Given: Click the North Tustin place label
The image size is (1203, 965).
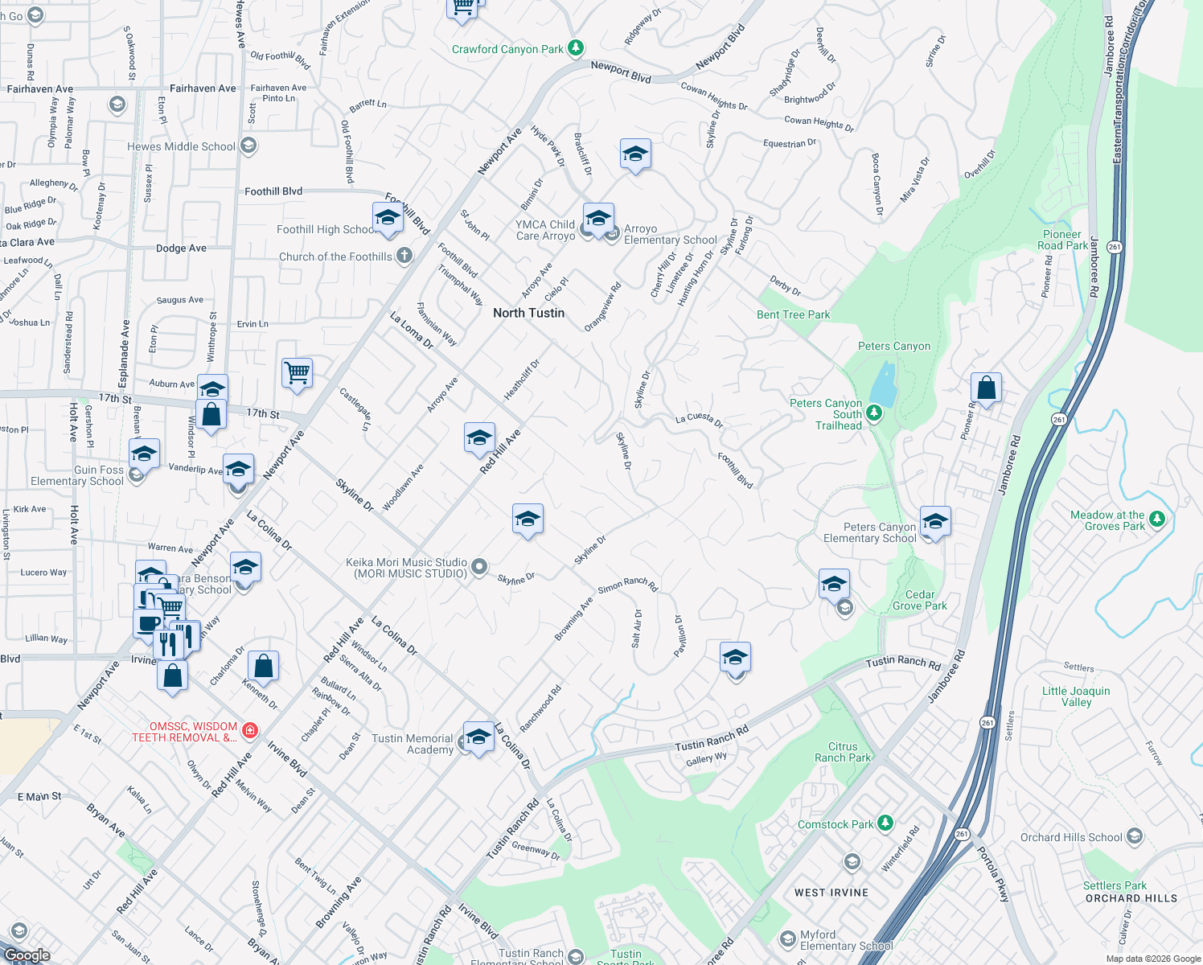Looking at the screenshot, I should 528,313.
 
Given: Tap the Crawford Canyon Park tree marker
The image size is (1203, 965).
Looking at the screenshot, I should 575,48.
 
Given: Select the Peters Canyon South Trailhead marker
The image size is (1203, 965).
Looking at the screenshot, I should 874,413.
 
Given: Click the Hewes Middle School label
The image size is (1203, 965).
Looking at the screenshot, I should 181,146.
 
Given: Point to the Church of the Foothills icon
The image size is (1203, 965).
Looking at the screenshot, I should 404,256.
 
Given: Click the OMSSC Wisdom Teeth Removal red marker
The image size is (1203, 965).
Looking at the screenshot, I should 250,730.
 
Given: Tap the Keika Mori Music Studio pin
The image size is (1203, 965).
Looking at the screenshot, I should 479,567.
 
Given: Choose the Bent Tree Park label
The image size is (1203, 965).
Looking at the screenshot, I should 793,314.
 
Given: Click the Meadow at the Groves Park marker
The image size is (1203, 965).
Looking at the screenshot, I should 1157,519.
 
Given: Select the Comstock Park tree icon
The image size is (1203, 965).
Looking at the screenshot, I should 885,823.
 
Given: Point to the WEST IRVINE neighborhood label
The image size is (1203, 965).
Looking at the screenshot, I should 831,893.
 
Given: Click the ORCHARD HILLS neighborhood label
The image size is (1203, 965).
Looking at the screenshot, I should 1131,898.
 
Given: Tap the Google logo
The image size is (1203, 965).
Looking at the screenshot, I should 27,955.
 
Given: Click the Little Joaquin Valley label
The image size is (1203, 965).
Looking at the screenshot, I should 1076,696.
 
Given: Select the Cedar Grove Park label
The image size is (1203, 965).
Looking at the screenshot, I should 920,600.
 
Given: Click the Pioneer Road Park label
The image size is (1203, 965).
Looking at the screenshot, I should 1062,240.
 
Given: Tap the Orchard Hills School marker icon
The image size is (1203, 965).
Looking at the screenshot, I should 1135,836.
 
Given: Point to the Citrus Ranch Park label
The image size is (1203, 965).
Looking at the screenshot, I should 842,752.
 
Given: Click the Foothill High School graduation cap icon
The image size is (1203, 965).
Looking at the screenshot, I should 388,219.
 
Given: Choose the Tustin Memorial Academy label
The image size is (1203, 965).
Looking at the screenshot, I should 413,744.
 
